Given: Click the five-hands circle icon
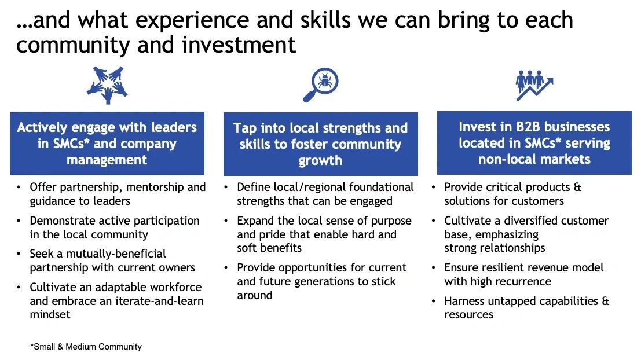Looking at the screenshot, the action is pos(107,85).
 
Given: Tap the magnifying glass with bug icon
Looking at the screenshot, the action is pos(321,85).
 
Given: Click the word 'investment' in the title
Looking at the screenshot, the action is pos(239,45).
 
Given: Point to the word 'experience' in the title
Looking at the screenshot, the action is pos(192,21).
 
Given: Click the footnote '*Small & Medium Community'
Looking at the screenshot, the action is pos(86,347).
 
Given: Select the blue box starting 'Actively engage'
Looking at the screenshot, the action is pos(107,144).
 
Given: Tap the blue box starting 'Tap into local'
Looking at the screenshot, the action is pos(321,144).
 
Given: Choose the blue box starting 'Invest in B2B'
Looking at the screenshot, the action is pos(534,143).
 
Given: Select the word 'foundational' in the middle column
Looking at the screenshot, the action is pos(382,187).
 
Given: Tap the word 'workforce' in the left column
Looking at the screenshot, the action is pos(176,287).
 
